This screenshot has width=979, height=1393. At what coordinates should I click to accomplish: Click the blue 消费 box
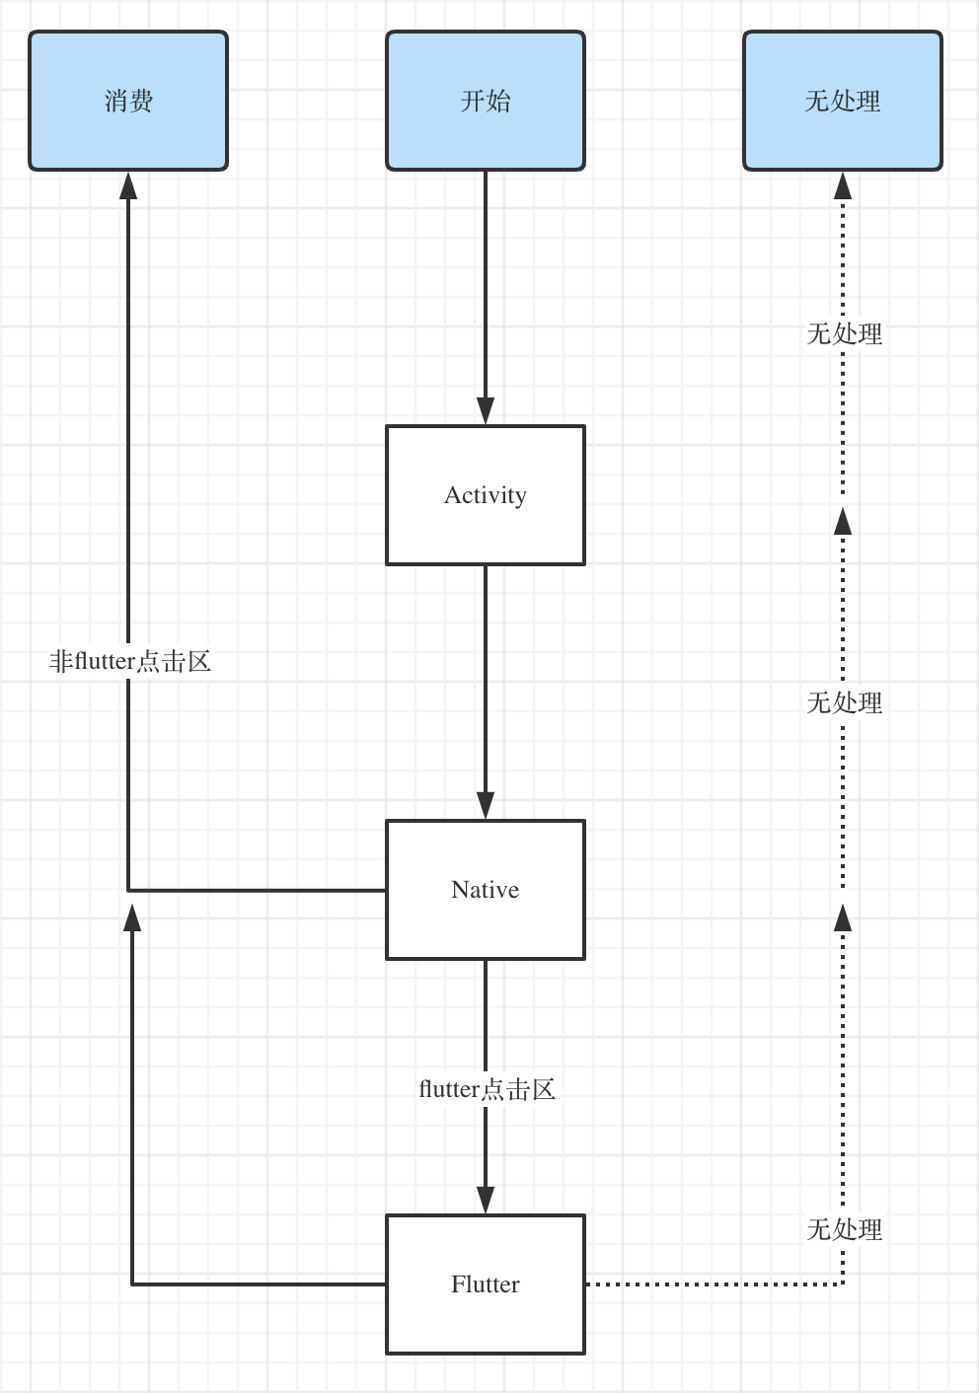pyautogui.click(x=128, y=101)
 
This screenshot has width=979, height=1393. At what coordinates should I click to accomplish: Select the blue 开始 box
pyautogui.click(x=486, y=101)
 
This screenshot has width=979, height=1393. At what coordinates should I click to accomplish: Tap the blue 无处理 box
pyautogui.click(x=843, y=101)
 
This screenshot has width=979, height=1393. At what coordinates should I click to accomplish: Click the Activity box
pyautogui.click(x=486, y=495)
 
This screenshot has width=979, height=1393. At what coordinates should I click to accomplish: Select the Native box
pyautogui.click(x=486, y=890)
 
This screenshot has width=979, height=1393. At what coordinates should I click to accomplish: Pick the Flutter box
pyautogui.click(x=486, y=1284)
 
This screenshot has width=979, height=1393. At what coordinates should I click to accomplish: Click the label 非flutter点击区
pyautogui.click(x=130, y=661)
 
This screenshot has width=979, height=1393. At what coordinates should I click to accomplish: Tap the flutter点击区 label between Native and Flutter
pyautogui.click(x=487, y=1089)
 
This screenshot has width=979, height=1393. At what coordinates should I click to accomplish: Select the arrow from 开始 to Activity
pyautogui.click(x=486, y=296)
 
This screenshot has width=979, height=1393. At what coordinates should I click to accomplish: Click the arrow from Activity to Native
pyautogui.click(x=486, y=691)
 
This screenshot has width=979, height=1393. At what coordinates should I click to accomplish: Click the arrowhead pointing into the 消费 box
pyautogui.click(x=128, y=185)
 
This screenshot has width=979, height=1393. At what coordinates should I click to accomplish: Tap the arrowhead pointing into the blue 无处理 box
pyautogui.click(x=843, y=185)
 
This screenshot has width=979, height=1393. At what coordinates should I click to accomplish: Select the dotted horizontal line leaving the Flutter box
pyautogui.click(x=711, y=1284)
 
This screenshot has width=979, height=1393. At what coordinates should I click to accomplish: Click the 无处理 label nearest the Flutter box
pyautogui.click(x=845, y=1229)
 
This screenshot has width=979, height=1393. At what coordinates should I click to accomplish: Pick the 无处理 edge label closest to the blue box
pyautogui.click(x=845, y=333)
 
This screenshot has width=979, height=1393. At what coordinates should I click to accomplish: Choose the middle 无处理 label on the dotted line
pyautogui.click(x=845, y=702)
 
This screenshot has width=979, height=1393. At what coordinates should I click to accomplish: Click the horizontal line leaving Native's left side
pyautogui.click(x=257, y=890)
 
